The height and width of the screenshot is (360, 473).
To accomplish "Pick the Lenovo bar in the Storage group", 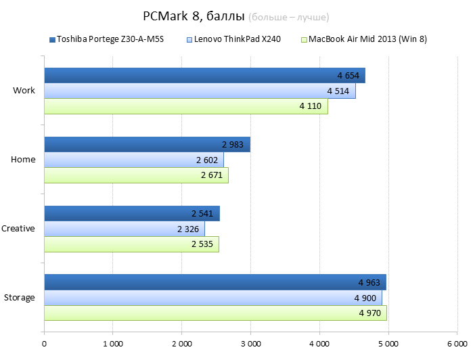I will coord(203,298).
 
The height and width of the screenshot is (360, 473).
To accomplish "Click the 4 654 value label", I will coord(348,75).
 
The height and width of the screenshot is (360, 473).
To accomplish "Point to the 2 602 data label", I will coord(208,160).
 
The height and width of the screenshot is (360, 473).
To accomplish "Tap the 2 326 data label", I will coord(189,229).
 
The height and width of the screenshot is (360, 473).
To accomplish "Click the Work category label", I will coord(24,91).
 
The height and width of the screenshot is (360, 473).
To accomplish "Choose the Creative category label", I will coord(18,229).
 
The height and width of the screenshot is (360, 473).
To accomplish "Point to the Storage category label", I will coord(19,298).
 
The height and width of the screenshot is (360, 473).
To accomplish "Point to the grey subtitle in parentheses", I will coord(293,16).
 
